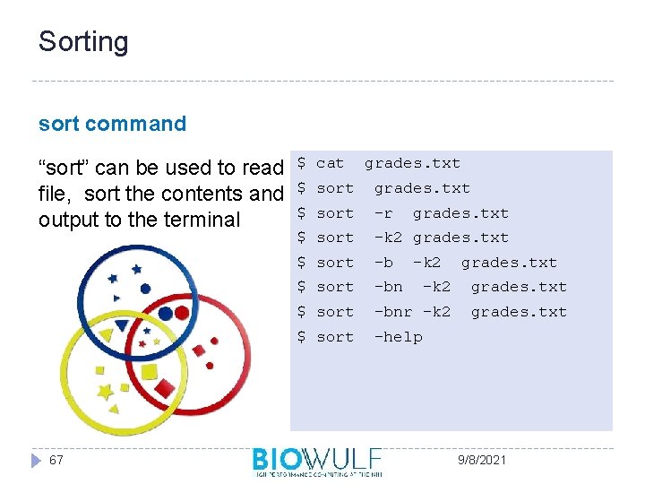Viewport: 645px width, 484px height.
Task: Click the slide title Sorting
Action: click(x=83, y=42)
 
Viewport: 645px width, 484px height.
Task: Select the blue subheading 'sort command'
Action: click(x=112, y=124)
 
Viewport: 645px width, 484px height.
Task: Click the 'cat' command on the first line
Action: click(x=330, y=163)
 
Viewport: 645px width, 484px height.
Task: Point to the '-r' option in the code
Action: click(x=383, y=213)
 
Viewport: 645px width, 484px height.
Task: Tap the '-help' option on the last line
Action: click(x=398, y=337)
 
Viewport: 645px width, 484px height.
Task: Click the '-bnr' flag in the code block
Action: click(x=392, y=312)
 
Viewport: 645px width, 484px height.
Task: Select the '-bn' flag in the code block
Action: click(x=388, y=287)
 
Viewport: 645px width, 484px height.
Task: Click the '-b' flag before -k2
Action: click(x=383, y=263)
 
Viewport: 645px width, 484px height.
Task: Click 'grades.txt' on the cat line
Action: click(x=412, y=163)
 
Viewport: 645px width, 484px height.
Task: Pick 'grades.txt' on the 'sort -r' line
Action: click(x=460, y=213)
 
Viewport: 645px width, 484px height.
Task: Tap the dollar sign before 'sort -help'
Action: click(x=302, y=337)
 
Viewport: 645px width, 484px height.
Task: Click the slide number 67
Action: click(x=56, y=460)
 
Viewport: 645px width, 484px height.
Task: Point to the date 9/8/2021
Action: click(x=481, y=460)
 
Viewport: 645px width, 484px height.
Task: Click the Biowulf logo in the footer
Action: click(x=317, y=461)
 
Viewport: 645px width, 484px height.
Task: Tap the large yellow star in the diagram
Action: click(x=106, y=392)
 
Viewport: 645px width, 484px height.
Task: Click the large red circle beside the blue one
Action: click(x=182, y=313)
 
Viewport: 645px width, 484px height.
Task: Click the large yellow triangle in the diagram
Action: click(x=107, y=335)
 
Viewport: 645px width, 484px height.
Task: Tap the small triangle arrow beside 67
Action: click(x=36, y=460)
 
